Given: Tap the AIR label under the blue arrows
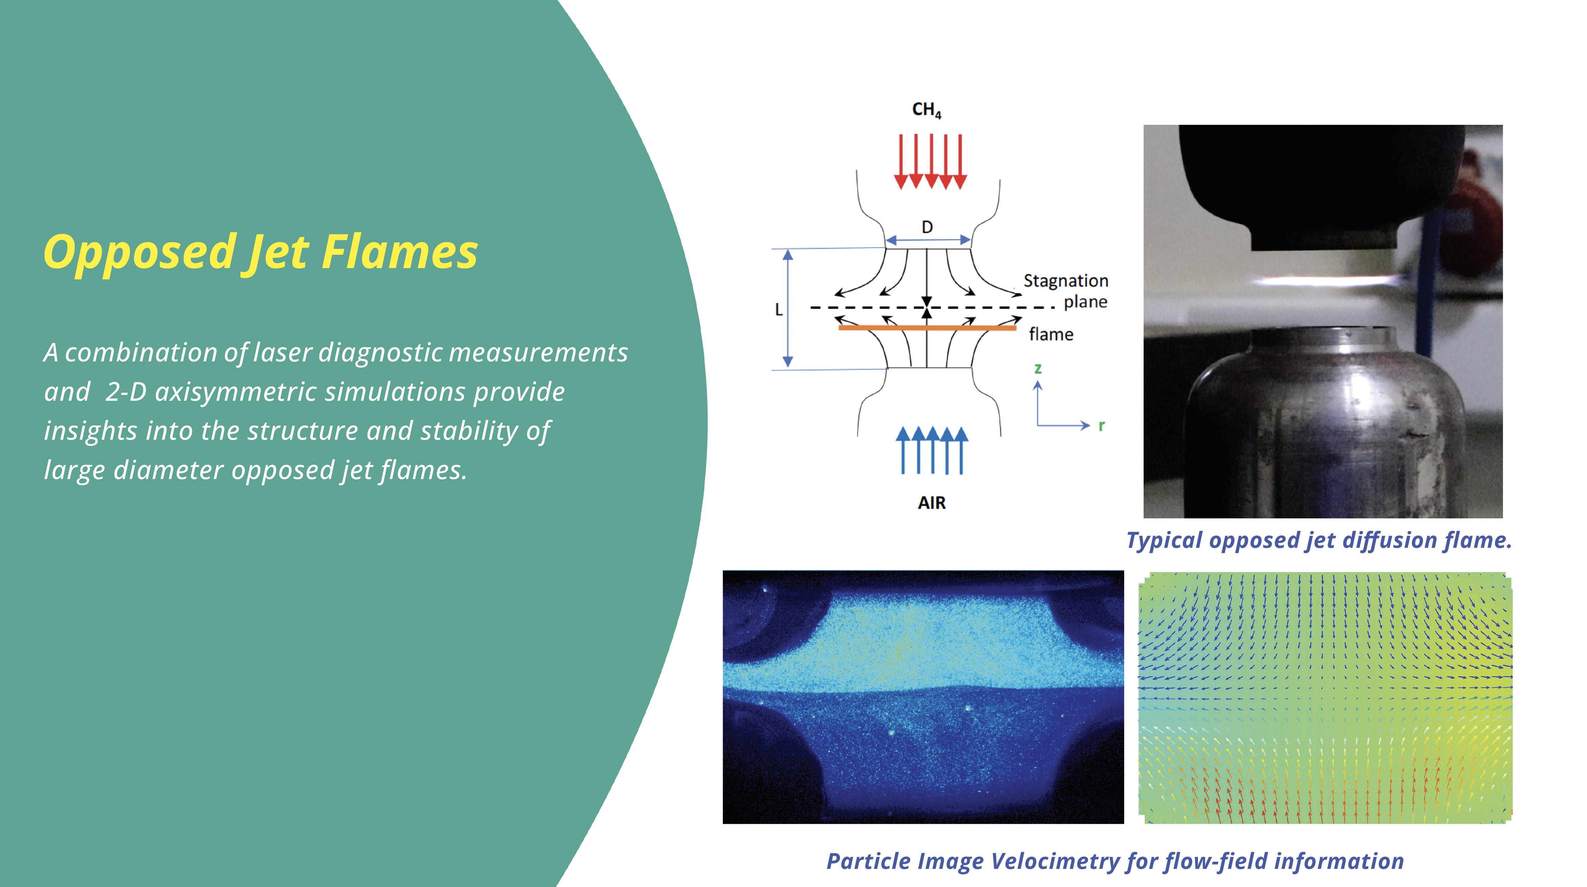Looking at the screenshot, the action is pyautogui.click(x=932, y=503).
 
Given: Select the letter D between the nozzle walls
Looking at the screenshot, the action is pyautogui.click(x=927, y=227).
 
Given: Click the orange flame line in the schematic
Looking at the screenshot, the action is pyautogui.click(x=927, y=328).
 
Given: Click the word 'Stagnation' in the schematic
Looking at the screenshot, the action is pyautogui.click(x=1066, y=281).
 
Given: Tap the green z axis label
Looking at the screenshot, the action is pyautogui.click(x=1038, y=369).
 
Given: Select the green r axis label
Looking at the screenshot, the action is pyautogui.click(x=1102, y=425).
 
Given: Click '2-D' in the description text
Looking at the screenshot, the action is pyautogui.click(x=126, y=392).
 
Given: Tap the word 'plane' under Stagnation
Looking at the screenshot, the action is pyautogui.click(x=1085, y=302).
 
